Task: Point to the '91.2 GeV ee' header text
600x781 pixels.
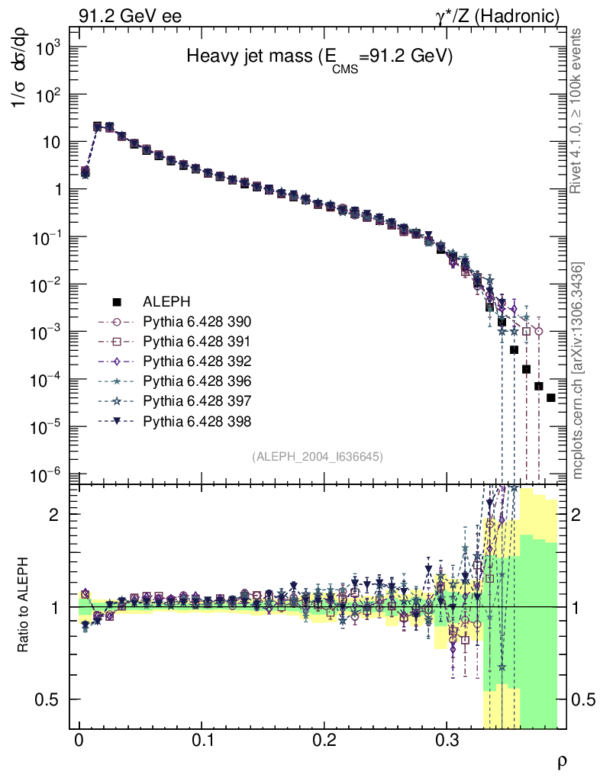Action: [x=131, y=15]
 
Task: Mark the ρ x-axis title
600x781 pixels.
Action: [x=561, y=760]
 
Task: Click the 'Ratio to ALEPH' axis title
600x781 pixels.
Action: [x=24, y=607]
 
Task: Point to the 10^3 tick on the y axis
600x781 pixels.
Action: [x=47, y=47]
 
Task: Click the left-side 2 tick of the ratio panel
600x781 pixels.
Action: [x=53, y=514]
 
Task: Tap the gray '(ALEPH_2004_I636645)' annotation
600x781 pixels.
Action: [x=317, y=456]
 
